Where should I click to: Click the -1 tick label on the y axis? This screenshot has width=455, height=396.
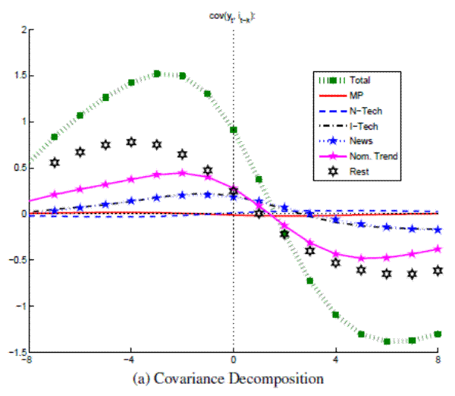pyautogui.click(x=20, y=306)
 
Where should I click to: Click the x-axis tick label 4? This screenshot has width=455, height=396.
pyautogui.click(x=335, y=361)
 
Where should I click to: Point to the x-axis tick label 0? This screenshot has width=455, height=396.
pyautogui.click(x=233, y=361)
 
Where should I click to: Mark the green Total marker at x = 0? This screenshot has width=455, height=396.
pyautogui.click(x=233, y=130)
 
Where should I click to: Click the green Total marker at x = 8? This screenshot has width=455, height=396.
pyautogui.click(x=438, y=334)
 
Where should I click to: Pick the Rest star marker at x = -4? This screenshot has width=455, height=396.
pyautogui.click(x=131, y=142)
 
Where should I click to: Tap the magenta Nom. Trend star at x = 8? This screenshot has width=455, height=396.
pyautogui.click(x=438, y=249)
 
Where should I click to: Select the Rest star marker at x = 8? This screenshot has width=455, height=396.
pyautogui.click(x=438, y=271)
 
